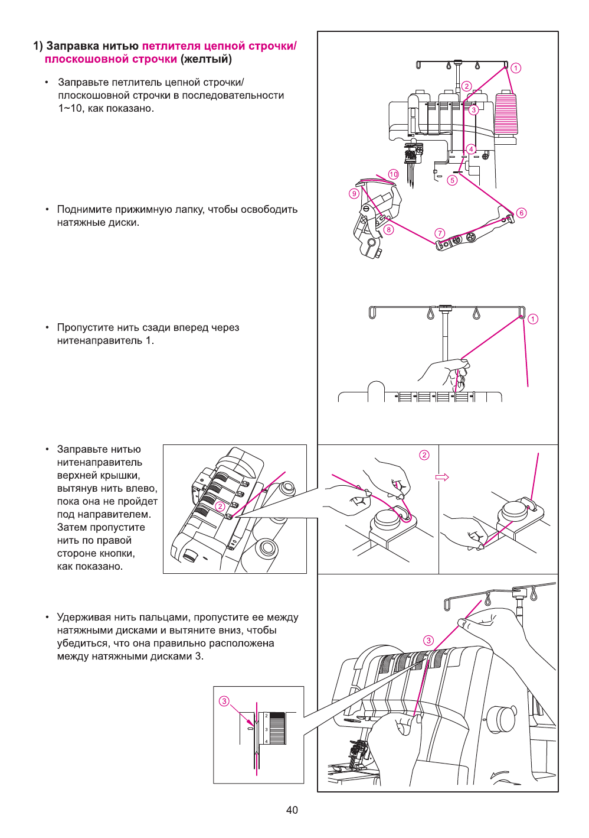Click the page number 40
coord(292,810)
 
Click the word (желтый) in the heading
coord(206,59)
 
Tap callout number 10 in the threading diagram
coord(394,174)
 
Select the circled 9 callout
coord(354,193)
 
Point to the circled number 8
coord(388,230)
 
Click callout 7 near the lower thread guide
coord(440,233)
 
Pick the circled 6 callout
coord(521,213)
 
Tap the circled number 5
coord(452,180)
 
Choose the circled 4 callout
coord(471,149)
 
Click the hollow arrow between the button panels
coord(442,477)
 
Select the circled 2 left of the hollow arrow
coord(424,455)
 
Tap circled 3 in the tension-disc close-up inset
coord(224,701)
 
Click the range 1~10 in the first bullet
coord(70,108)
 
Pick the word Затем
coord(71,527)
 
